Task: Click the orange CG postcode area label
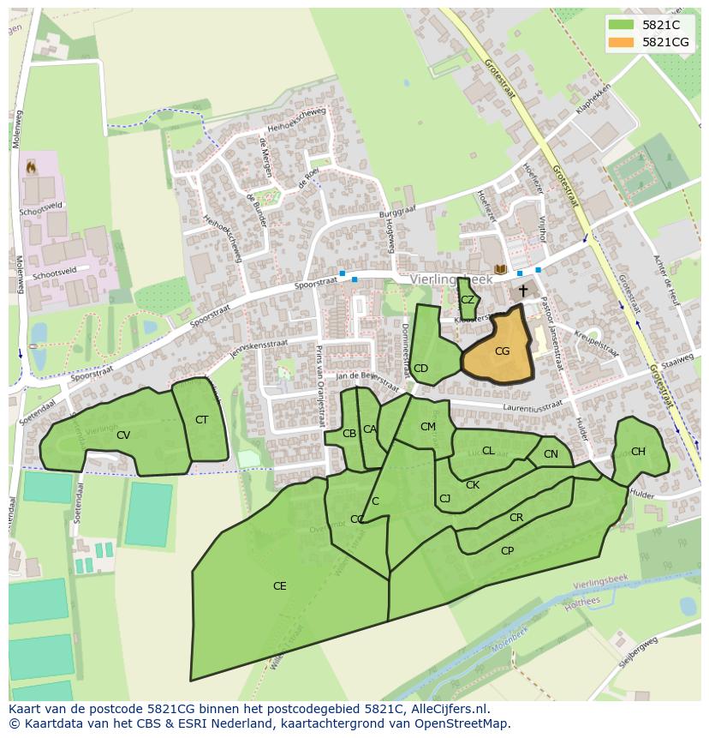click(x=502, y=351)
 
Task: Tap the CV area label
click(x=123, y=435)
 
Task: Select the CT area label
click(x=201, y=420)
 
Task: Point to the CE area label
click(x=279, y=586)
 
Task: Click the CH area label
click(x=638, y=452)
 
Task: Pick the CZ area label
click(x=468, y=300)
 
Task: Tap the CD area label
click(x=420, y=369)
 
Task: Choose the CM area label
click(x=428, y=427)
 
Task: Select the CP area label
click(x=507, y=551)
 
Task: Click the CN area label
click(x=551, y=454)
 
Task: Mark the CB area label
click(x=349, y=434)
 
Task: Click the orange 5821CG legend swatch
click(x=622, y=42)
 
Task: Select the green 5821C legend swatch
click(x=622, y=25)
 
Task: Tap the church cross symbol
click(x=522, y=291)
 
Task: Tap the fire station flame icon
click(x=32, y=165)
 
